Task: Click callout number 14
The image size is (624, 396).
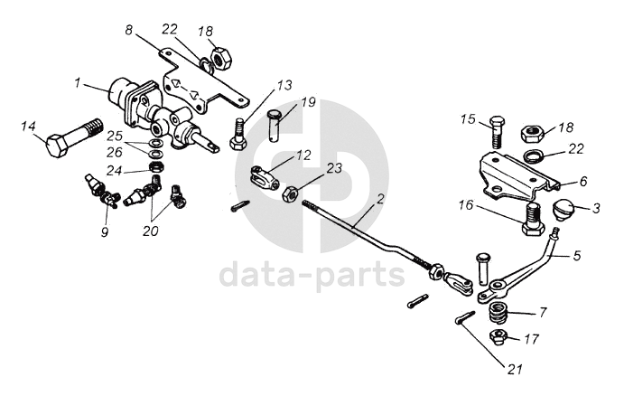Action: coord(28,127)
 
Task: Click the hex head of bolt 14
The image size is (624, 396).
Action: coord(58,146)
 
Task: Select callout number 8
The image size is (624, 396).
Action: coord(128,31)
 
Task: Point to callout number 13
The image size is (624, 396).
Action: coord(284,85)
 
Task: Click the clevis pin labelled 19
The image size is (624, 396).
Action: coord(275,125)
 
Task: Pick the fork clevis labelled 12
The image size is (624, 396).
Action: coord(264,178)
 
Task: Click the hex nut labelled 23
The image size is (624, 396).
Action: coord(291,194)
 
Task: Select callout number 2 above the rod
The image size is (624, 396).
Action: coord(380,199)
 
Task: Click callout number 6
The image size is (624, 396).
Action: coord(583,181)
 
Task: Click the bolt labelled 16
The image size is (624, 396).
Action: coord(534,219)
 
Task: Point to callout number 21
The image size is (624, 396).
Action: coord(514,370)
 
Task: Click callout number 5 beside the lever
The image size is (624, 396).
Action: coord(577,255)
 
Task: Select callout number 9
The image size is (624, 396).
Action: coord(105,231)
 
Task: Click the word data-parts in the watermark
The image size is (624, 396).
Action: coord(312,275)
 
